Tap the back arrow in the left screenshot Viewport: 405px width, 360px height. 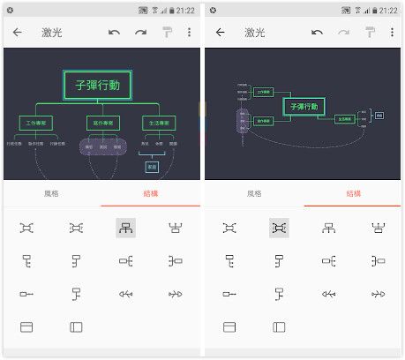pos(18,33)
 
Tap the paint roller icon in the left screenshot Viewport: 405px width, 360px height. pos(166,33)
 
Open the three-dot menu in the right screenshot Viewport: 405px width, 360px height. pos(390,33)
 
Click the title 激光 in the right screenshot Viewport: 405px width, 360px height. pos(253,33)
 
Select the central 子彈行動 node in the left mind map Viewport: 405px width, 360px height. pos(98,86)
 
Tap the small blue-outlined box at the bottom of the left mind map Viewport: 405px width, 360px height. pos(152,166)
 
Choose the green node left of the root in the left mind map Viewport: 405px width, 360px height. pos(37,123)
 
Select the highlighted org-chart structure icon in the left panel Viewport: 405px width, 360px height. pos(124,228)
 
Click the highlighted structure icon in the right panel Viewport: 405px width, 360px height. pos(279,228)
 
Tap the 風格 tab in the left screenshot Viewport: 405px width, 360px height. pos(52,194)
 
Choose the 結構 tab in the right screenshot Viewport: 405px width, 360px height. pos(353,194)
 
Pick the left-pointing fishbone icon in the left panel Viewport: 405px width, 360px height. pos(124,294)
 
